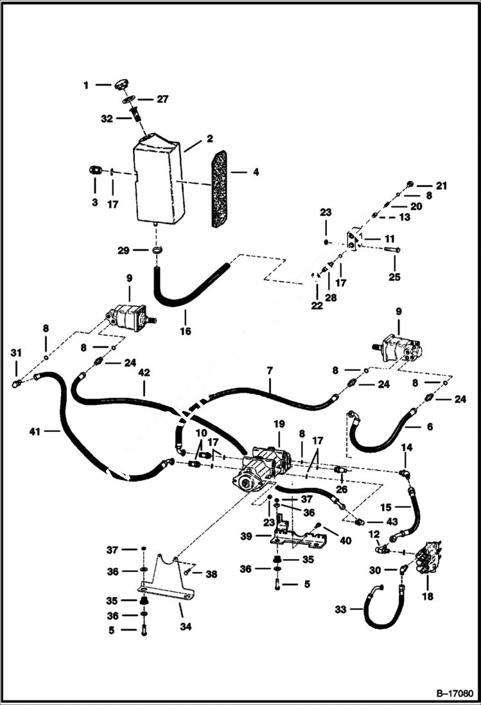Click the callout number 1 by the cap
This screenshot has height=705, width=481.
click(x=86, y=84)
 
